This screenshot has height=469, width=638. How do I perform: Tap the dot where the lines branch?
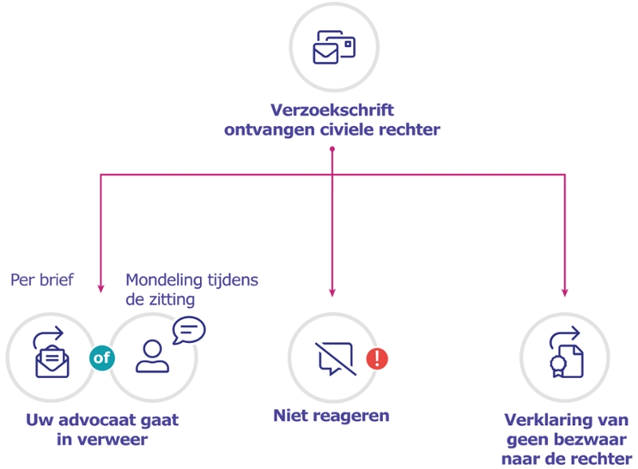(x=333, y=149)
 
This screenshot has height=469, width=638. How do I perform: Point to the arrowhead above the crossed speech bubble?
(x=333, y=292)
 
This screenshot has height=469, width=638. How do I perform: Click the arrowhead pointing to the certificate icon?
(x=565, y=292)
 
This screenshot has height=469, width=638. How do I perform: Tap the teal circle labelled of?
(x=102, y=357)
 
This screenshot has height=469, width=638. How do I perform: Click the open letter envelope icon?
(x=52, y=356)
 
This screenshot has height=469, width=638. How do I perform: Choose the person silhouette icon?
(x=152, y=357)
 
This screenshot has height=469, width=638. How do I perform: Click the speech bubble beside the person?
(x=189, y=329)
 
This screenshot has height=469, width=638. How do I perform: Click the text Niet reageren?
(x=332, y=416)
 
